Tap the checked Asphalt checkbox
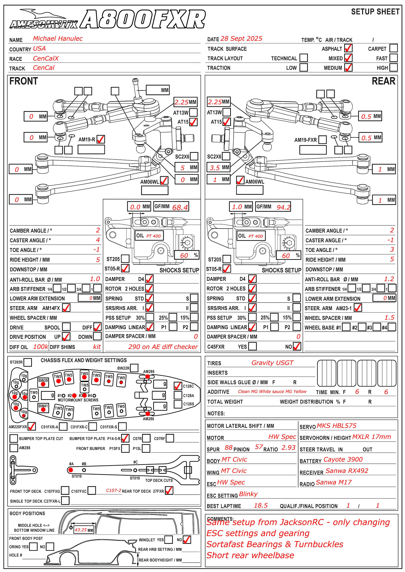pyautogui.click(x=348, y=48)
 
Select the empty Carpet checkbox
pyautogui.click(x=393, y=48)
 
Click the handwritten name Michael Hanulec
pyautogui.click(x=58, y=39)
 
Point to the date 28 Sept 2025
pyautogui.click(x=241, y=39)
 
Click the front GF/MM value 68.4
pyautogui.click(x=180, y=208)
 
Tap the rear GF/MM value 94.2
pyautogui.click(x=283, y=208)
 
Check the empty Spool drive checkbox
pyautogui.click(x=66, y=327)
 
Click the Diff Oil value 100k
pyautogui.click(x=40, y=347)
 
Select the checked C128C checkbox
pyautogui.click(x=178, y=386)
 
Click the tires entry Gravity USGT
pyautogui.click(x=272, y=363)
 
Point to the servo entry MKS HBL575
pyautogui.click(x=336, y=426)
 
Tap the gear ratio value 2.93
pyautogui.click(x=288, y=448)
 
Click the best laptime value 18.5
pyautogui.click(x=261, y=505)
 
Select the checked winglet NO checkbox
pyautogui.click(x=187, y=539)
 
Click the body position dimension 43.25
pyautogui.click(x=81, y=530)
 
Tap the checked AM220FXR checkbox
pyautogui.click(x=32, y=426)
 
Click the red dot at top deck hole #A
pyautogui.click(x=71, y=470)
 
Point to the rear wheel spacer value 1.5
pyautogui.click(x=389, y=317)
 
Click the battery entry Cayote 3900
pyautogui.click(x=343, y=459)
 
